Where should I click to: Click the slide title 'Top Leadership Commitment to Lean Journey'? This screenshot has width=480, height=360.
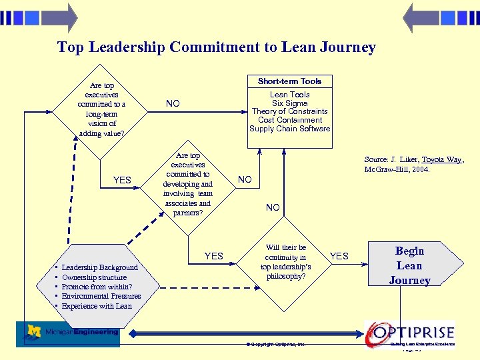click(x=216, y=47)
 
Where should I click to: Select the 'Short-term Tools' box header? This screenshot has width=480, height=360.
click(x=289, y=81)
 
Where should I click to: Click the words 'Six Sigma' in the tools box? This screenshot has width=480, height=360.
click(x=289, y=103)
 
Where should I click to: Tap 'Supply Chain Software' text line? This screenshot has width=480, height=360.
click(x=289, y=129)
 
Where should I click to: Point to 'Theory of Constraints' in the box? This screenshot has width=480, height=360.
click(x=289, y=111)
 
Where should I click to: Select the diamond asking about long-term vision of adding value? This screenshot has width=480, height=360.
click(x=101, y=109)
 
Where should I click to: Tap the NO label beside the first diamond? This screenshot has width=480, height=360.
click(x=173, y=103)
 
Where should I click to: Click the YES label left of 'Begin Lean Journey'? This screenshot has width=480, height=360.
click(x=339, y=256)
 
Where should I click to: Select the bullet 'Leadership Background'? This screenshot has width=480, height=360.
click(x=99, y=267)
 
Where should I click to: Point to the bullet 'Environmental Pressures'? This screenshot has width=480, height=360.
click(x=101, y=296)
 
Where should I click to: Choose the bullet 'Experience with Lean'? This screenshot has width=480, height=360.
click(x=97, y=306)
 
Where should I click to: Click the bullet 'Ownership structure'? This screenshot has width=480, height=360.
click(x=94, y=277)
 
